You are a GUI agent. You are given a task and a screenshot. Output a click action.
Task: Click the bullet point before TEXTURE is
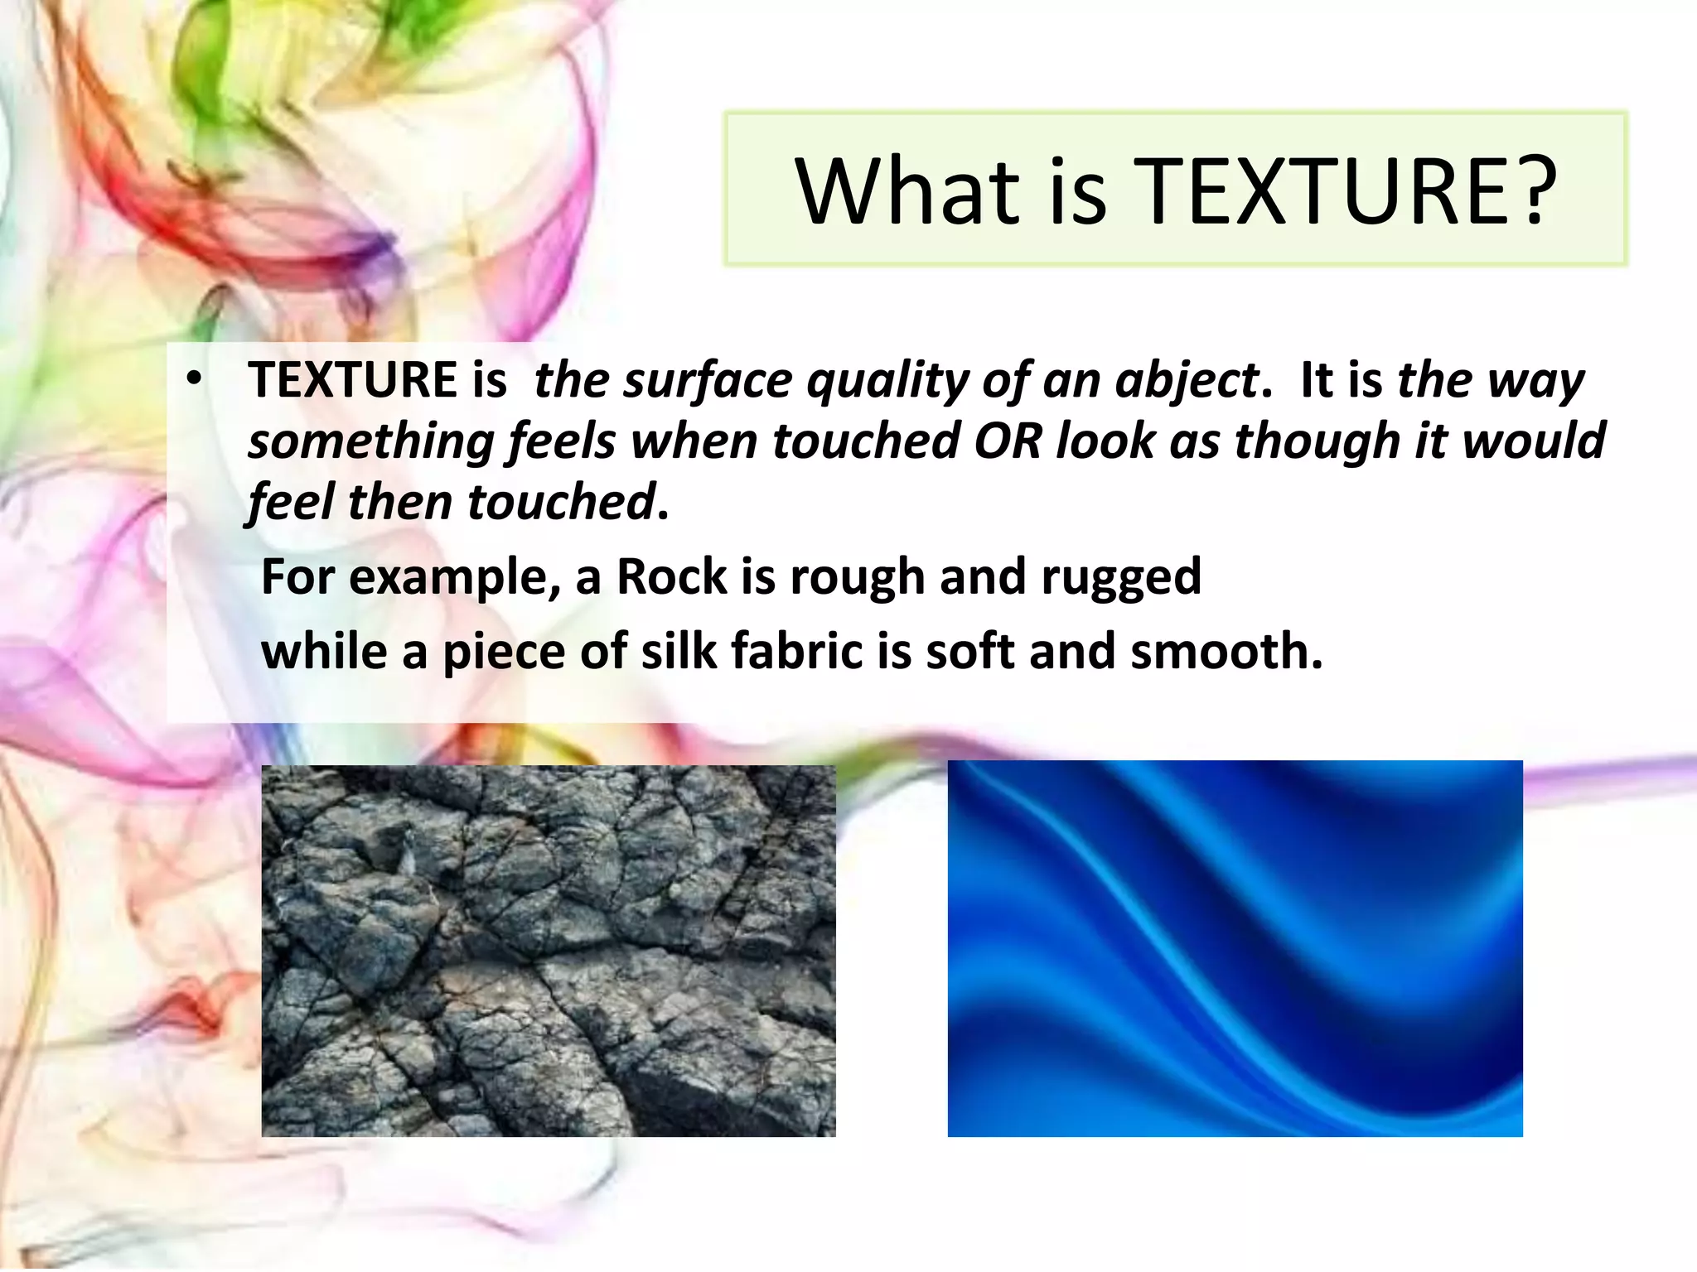coord(193,379)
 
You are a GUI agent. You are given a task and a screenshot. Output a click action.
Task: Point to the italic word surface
coord(708,381)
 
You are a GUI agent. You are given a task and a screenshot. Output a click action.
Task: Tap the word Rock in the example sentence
coord(671,577)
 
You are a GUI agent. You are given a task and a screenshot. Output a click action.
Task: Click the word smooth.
coord(1226,651)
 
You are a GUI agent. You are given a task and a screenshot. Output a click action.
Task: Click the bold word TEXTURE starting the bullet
coord(353,380)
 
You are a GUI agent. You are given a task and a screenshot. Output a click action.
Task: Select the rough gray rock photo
coord(549,951)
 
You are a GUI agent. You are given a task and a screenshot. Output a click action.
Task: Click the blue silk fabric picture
coord(1235,948)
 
